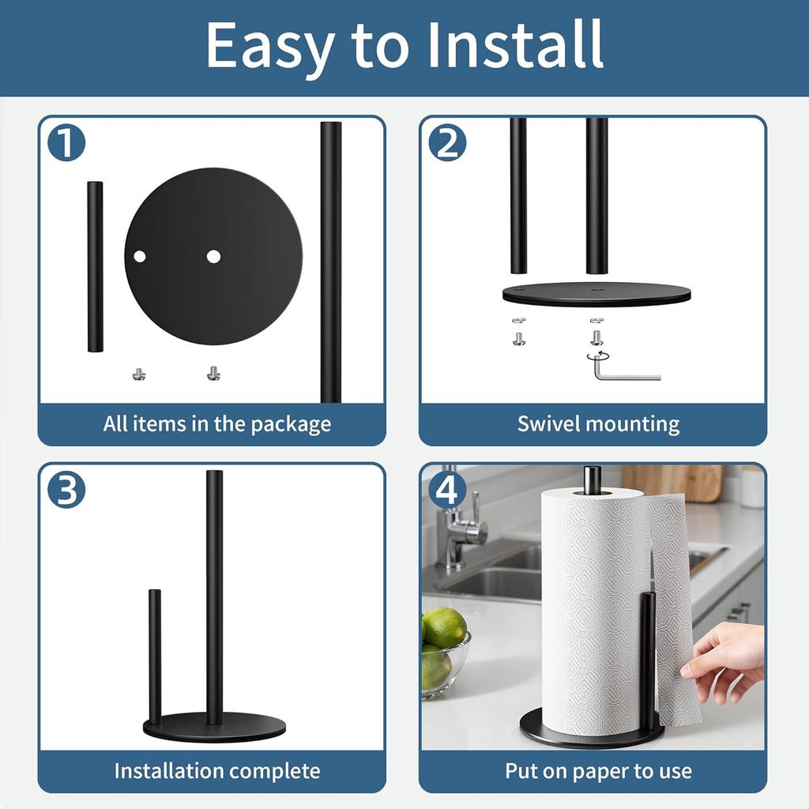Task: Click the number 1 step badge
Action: click(66, 143)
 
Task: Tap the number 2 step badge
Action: click(447, 143)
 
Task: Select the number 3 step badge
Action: click(66, 490)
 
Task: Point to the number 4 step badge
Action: click(447, 490)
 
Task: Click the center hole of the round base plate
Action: click(213, 256)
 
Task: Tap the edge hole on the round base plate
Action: click(140, 256)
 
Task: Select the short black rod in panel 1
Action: click(95, 266)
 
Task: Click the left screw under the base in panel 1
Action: click(139, 373)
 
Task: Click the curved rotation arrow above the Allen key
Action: click(597, 356)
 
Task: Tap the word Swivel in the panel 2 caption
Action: click(548, 424)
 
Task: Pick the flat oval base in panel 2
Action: click(596, 294)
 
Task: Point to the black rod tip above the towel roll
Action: click(592, 478)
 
